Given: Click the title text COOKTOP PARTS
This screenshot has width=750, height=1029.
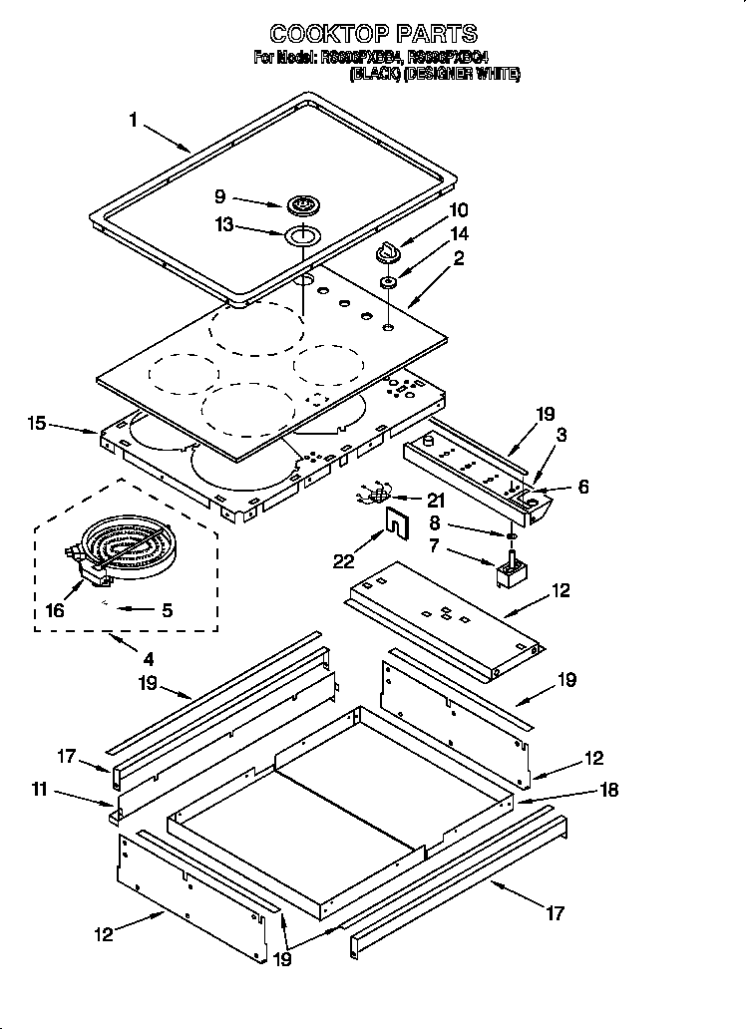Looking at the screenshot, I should click(x=374, y=35).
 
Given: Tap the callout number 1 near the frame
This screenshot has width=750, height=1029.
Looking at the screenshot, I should click(x=133, y=121).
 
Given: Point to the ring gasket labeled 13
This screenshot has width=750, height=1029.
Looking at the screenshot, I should click(x=300, y=236).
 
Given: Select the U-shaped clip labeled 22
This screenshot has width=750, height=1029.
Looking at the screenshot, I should click(x=398, y=521).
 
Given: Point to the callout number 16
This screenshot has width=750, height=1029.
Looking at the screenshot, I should click(x=55, y=610).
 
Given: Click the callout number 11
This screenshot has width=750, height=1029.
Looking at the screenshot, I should click(x=39, y=791).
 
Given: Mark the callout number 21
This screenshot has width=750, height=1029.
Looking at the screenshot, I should click(x=435, y=501).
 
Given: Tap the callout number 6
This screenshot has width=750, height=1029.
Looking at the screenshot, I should click(x=583, y=487).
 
